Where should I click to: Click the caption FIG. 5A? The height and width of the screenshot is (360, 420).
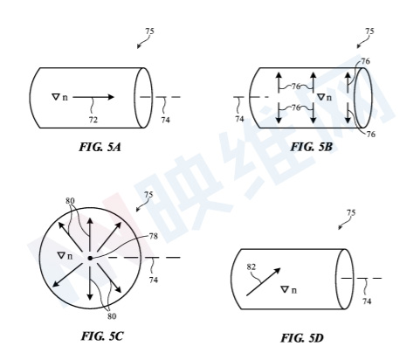click(100, 147)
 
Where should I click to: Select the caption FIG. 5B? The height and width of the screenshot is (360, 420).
click(312, 147)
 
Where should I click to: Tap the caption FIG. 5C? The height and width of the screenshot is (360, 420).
click(102, 336)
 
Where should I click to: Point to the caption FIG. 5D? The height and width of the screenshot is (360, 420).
click(302, 338)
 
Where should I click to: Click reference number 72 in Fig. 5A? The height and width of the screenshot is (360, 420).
click(93, 120)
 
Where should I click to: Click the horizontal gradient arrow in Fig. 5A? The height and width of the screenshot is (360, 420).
click(93, 97)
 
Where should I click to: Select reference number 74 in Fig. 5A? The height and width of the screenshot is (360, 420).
click(165, 120)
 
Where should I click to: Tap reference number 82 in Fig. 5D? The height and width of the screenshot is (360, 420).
click(251, 267)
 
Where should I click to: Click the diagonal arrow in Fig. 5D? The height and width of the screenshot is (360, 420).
click(264, 281)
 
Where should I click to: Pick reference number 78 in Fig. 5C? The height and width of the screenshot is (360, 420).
click(153, 236)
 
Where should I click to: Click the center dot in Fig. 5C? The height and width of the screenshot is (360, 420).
click(90, 258)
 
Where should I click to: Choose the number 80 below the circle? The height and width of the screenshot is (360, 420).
click(112, 316)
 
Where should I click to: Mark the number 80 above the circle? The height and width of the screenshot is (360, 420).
click(70, 201)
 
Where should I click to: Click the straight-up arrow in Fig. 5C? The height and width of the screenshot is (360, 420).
click(90, 234)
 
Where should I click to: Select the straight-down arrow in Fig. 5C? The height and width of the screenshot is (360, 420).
click(90, 283)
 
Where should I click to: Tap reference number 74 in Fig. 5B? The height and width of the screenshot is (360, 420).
click(239, 119)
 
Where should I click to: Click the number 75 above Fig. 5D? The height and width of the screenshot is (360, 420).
click(351, 213)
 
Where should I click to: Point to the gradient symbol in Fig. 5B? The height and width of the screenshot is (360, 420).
click(324, 97)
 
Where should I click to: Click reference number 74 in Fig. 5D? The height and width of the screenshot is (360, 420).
click(367, 301)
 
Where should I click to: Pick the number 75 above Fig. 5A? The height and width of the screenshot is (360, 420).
click(149, 31)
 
